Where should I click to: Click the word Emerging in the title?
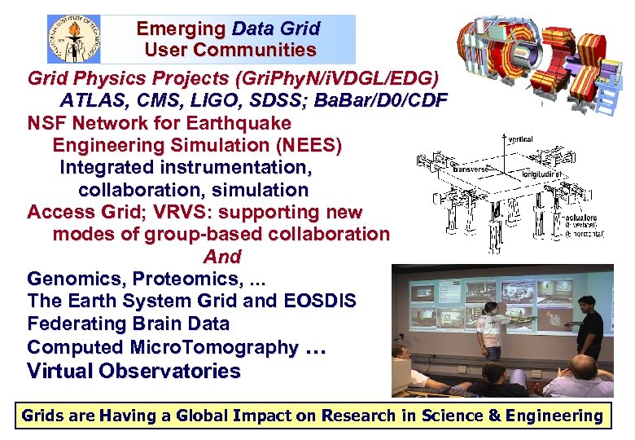coord(181,29)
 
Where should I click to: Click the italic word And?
coord(221,257)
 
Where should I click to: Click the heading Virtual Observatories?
coord(134,372)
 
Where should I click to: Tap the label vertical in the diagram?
coord(521,139)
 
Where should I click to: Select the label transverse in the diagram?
coord(473,169)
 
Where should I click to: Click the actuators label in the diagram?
coord(578,218)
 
